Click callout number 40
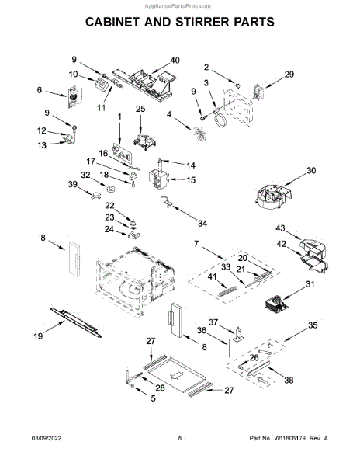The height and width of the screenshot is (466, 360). coord(175,61)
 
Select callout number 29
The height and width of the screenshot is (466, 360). coord(289,75)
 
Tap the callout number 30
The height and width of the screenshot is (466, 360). coord(311,171)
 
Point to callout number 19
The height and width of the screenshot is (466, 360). coord(38,336)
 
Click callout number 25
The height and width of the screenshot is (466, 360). coord(140,109)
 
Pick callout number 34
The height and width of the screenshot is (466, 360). coord(202,223)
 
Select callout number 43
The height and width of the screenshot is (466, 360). coord(280,228)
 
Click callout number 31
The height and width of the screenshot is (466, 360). coord(310,284)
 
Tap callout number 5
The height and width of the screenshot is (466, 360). coord(153,398)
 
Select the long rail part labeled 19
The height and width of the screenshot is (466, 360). coord(76,322)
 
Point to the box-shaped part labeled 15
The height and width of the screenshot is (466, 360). coord(158,179)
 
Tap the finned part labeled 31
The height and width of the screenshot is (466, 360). coord(277,304)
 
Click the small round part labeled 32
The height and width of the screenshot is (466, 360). coord(112,189)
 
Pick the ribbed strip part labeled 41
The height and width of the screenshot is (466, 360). coord(227,291)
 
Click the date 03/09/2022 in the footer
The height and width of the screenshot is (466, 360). coord(47,438)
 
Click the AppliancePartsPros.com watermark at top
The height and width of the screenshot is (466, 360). coord(178,6)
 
